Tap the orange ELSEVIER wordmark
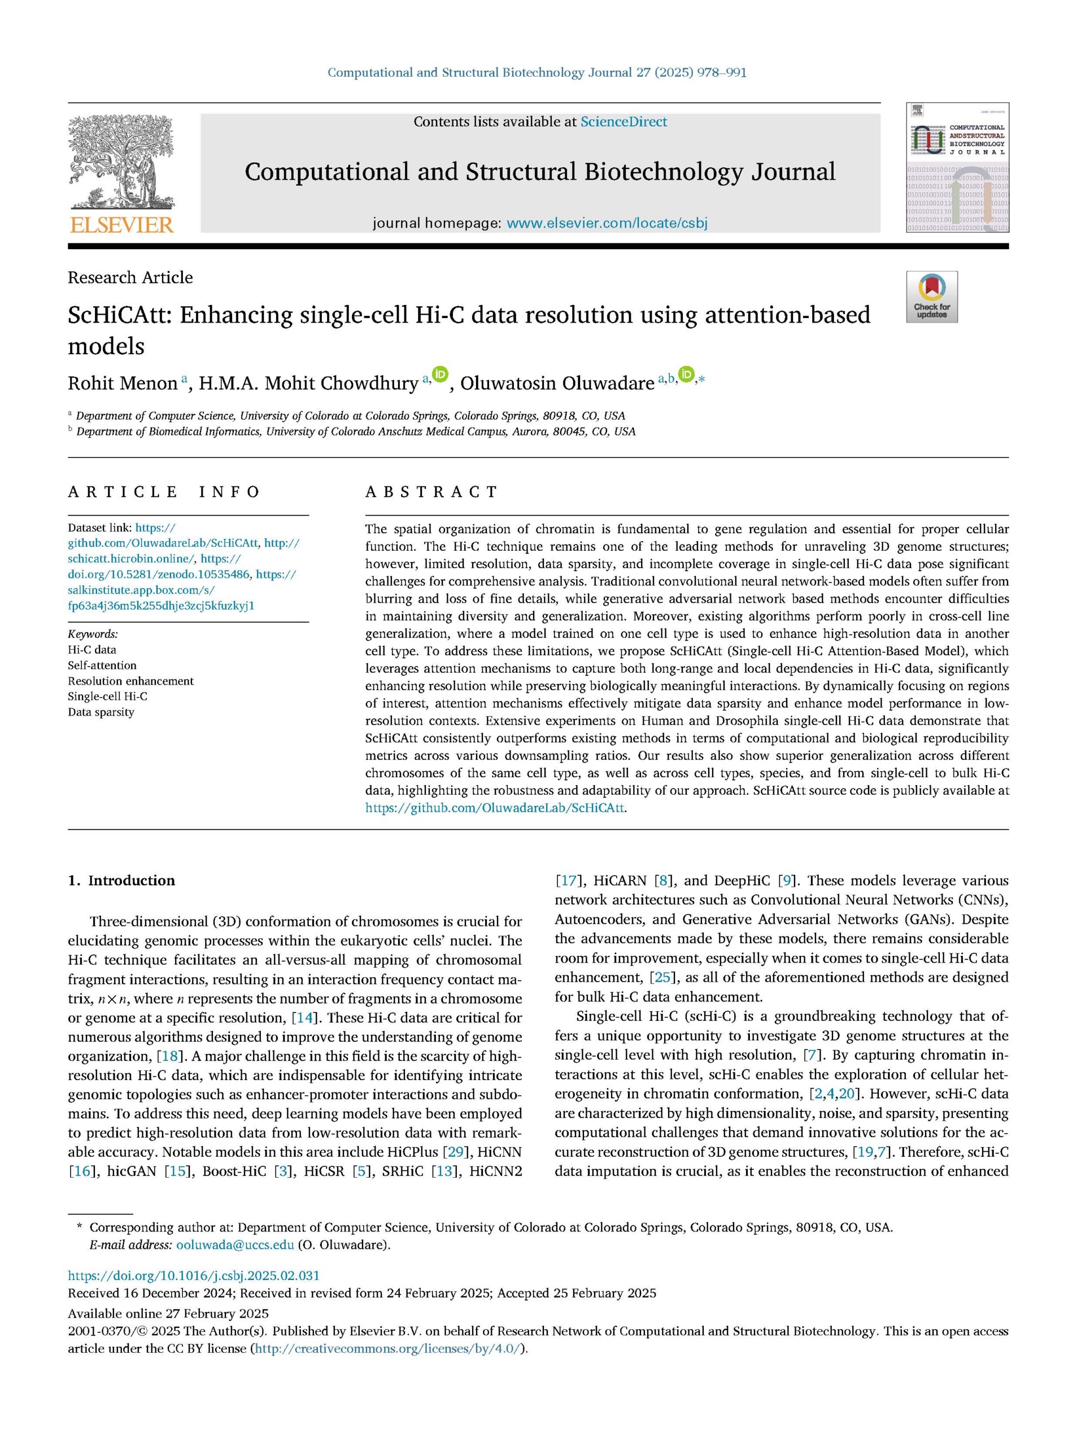121,225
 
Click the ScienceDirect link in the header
623,122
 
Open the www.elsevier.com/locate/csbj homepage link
607,224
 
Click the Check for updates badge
932,297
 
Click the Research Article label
130,278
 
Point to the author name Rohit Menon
123,384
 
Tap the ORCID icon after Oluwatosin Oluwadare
687,375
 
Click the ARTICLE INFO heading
164,491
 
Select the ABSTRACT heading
431,491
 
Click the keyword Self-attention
102,665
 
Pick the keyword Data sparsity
101,712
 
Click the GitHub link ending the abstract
495,808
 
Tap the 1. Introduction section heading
122,881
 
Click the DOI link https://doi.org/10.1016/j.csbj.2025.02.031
194,1276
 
